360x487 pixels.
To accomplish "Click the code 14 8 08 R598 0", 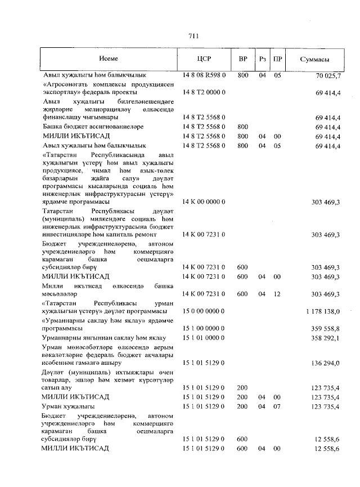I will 204,75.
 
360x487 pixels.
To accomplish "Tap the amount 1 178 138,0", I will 323,311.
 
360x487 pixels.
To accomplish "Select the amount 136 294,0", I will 326,364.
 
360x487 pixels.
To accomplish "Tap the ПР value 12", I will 277,293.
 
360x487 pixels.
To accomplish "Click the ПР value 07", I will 277,406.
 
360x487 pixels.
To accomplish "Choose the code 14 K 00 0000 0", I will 204,201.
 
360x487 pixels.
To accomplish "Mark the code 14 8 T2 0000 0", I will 204,91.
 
